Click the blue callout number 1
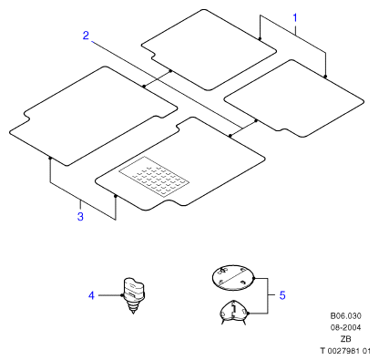pos(295,18)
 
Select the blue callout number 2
pos(86,36)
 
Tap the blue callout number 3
pos(80,217)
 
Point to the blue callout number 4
pos(91,295)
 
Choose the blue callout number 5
pos(282,295)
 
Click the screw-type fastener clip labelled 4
pos(134,294)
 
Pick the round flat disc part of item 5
pos(232,278)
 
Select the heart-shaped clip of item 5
pos(233,312)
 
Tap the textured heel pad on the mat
pos(154,177)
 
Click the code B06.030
pos(346,316)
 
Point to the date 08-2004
pos(346,327)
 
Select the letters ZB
pos(346,339)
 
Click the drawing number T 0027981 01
pos(346,351)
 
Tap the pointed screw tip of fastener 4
pos(133,313)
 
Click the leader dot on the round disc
pos(253,278)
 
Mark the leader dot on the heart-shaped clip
pos(248,314)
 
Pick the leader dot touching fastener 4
pos(122,295)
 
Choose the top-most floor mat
pos(209,50)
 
